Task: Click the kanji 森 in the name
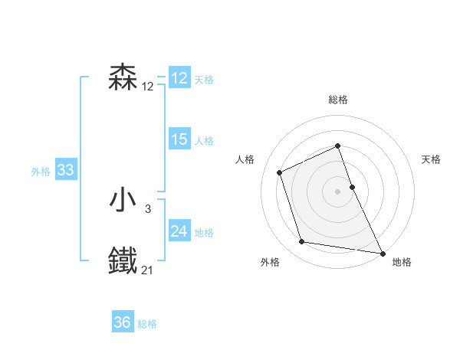(x=123, y=78)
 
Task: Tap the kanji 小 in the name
(x=123, y=201)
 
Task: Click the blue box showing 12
(x=179, y=78)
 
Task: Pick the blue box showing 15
(x=179, y=139)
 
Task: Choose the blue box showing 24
(x=179, y=231)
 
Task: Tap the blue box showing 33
(x=65, y=171)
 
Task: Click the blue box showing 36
(x=123, y=322)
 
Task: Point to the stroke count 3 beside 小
(x=148, y=208)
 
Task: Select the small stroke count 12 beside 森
(x=147, y=86)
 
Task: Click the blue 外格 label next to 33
(x=41, y=172)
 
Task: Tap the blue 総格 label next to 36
(x=147, y=324)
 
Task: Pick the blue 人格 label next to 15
(x=204, y=141)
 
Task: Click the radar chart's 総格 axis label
(x=338, y=100)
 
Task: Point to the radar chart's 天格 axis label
(x=432, y=159)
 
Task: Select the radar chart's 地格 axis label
(x=402, y=262)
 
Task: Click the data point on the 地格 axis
(x=383, y=252)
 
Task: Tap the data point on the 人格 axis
(x=280, y=172)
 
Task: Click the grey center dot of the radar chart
(x=338, y=191)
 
